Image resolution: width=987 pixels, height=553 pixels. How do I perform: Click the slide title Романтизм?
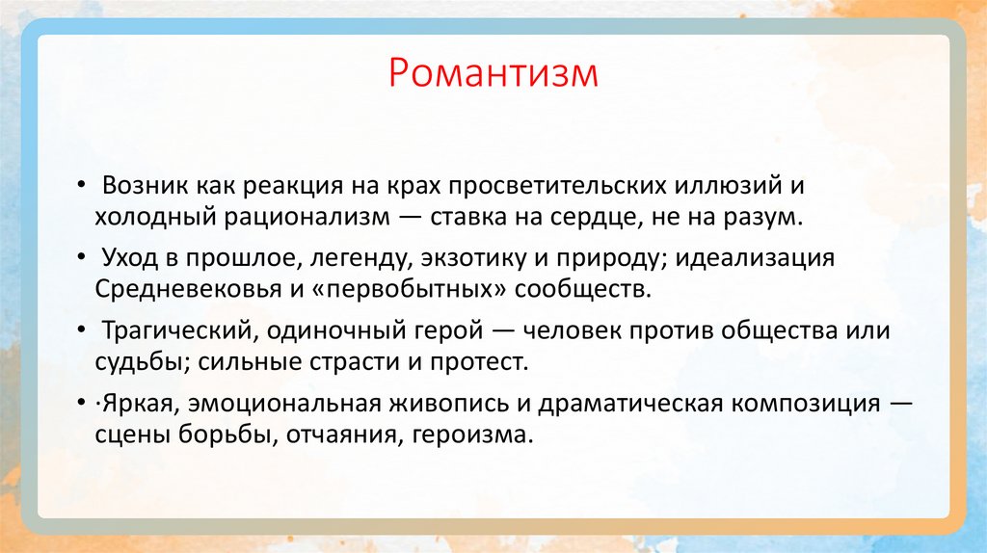tap(493, 74)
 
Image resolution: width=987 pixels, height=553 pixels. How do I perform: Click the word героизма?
tap(471, 434)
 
